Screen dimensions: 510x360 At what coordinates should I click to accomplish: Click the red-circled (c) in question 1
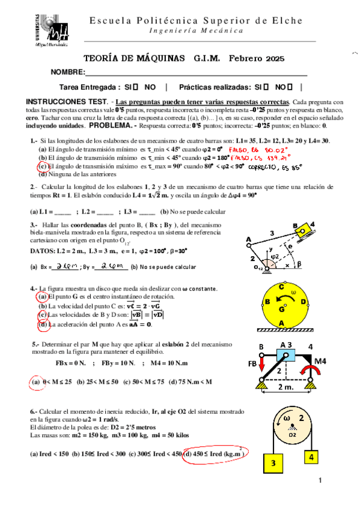coord(42,166)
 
